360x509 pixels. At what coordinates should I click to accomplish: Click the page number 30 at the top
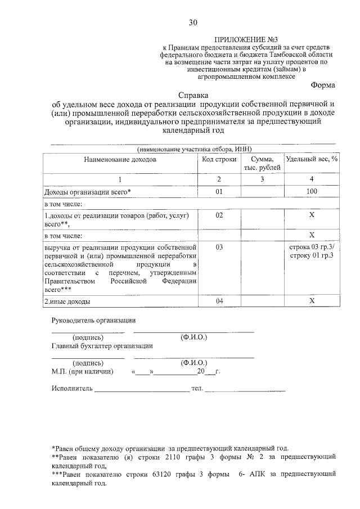pyautogui.click(x=193, y=22)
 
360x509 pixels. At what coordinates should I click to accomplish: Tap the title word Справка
pyautogui.click(x=193, y=96)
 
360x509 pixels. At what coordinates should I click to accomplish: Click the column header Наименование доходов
pyautogui.click(x=120, y=159)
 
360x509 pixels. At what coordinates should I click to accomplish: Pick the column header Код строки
pyautogui.click(x=219, y=159)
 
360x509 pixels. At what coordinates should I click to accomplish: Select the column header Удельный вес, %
pyautogui.click(x=312, y=159)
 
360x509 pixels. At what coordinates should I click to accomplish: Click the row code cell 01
pyautogui.click(x=219, y=192)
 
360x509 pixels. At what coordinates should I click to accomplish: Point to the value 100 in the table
pyautogui.click(x=312, y=192)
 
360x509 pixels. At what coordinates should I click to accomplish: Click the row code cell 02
pyautogui.click(x=219, y=215)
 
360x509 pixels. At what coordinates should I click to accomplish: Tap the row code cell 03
pyautogui.click(x=219, y=247)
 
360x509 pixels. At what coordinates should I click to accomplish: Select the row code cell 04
pyautogui.click(x=219, y=301)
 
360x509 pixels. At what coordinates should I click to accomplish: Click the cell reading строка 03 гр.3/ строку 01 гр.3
pyautogui.click(x=312, y=251)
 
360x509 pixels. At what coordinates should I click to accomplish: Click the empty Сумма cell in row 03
pyautogui.click(x=262, y=267)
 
